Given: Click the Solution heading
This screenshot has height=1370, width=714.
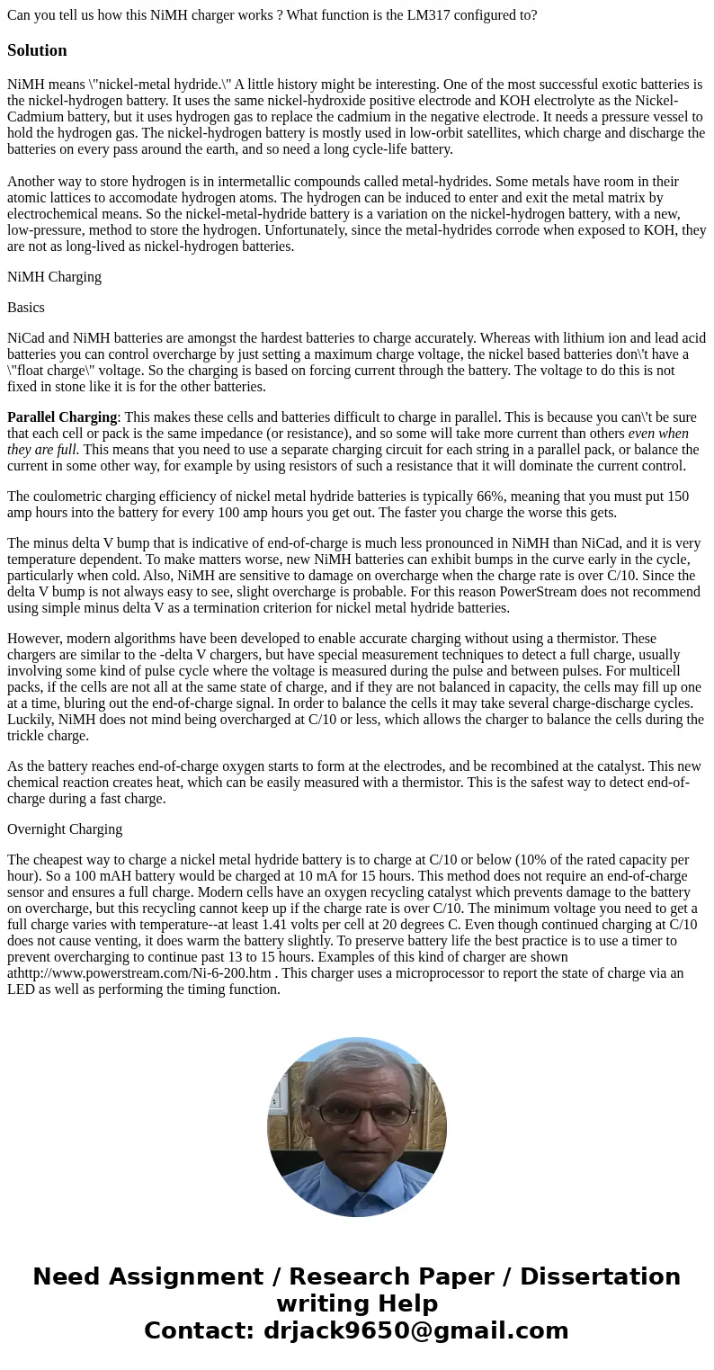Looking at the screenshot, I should tap(37, 50).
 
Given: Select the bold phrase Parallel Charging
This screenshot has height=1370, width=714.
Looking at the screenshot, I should tap(62, 417).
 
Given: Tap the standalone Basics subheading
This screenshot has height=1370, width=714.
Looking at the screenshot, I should tap(26, 308).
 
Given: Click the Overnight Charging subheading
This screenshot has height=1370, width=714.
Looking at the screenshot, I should tap(65, 829).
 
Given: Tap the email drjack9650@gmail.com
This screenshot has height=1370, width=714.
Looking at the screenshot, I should tap(415, 1330).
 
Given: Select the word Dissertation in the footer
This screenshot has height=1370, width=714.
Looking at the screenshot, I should tap(600, 1277).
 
